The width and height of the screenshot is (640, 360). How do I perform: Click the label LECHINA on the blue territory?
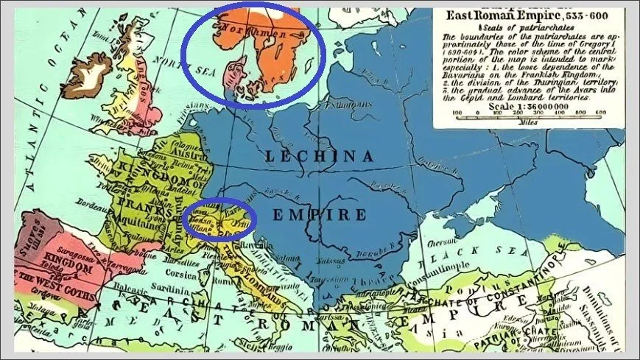click(321, 155)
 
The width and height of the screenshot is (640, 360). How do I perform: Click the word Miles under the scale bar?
click(527, 122)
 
